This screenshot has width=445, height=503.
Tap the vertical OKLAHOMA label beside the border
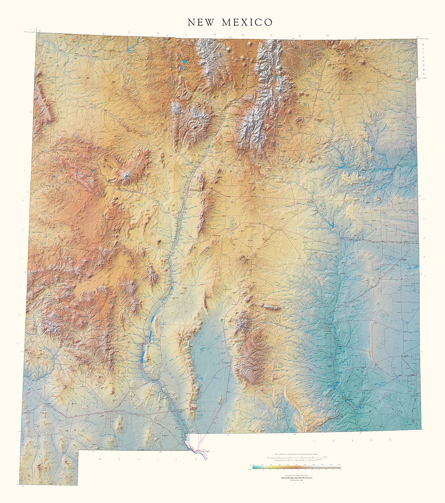click(x=424, y=61)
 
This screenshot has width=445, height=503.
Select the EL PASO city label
click(x=206, y=452)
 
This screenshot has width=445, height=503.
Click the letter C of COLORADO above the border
click(x=129, y=32)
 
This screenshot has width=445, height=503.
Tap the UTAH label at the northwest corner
click(x=29, y=31)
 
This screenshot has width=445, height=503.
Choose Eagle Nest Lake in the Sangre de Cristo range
click(x=276, y=79)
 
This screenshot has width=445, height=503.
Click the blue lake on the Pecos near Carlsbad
click(x=336, y=385)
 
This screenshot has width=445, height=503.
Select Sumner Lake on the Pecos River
click(x=332, y=225)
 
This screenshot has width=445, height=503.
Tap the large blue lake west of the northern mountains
click(x=184, y=63)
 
